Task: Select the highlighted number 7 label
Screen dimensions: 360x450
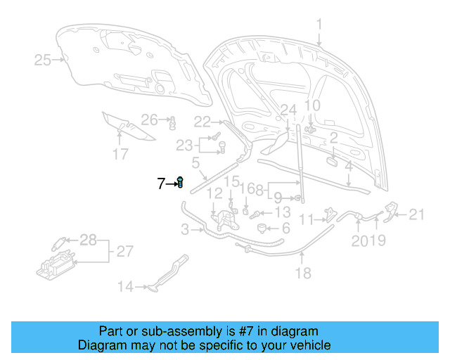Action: point(161,184)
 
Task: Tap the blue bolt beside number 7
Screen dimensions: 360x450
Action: point(180,183)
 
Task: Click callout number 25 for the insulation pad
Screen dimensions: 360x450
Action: point(42,60)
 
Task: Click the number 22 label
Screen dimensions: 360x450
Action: point(202,121)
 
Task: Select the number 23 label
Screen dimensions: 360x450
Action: point(184,145)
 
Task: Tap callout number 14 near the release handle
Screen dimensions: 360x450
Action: point(124,286)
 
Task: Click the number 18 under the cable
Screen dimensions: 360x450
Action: point(303,274)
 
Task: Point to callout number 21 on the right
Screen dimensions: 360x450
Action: point(417,215)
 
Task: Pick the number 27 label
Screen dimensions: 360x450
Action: point(124,251)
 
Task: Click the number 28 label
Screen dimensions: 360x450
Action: point(88,240)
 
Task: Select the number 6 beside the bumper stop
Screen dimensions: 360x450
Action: point(285,229)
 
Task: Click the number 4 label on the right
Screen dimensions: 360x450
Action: point(348,167)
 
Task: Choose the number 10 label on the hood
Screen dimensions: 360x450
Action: point(311,105)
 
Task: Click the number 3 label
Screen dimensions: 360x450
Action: point(184,229)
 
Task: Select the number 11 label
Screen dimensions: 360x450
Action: point(305,219)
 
